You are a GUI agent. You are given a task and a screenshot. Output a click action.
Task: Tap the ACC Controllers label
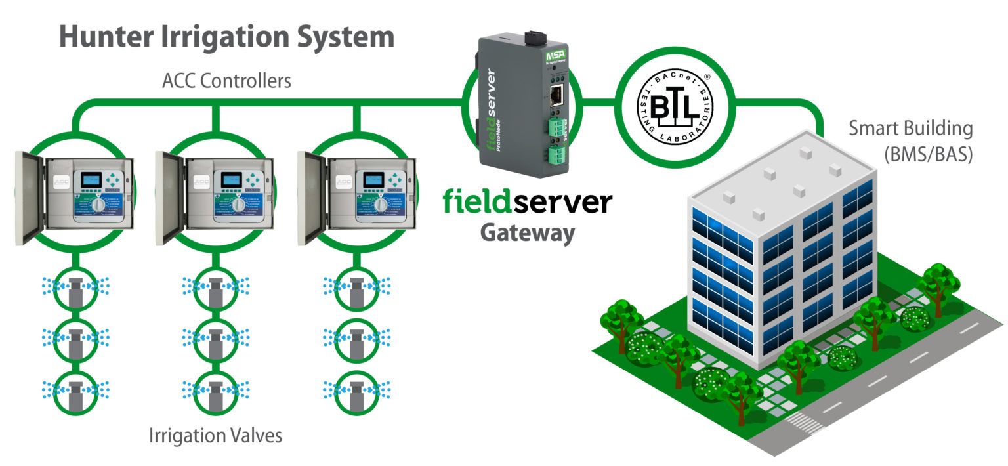(x=227, y=82)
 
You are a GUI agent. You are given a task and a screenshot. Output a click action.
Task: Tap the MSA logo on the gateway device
(x=553, y=58)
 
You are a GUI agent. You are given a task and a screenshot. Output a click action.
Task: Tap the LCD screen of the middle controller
(x=228, y=179)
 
